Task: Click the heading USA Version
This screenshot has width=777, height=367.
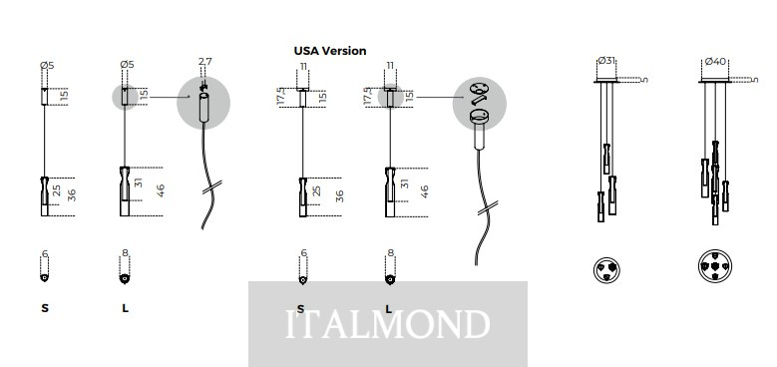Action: pos(330,51)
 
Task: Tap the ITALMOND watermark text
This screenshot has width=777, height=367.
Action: pos(388,324)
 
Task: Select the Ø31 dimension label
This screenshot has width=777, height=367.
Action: pos(606,61)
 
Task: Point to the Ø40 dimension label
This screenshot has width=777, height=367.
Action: pos(715,62)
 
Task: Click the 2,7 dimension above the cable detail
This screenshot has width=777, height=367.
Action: pos(205,62)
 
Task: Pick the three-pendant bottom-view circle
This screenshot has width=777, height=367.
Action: pos(606,270)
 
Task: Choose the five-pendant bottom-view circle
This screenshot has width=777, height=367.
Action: pos(714,266)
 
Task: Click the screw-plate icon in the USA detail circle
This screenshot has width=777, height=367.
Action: pos(478,89)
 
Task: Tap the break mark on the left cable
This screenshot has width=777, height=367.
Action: pos(212,186)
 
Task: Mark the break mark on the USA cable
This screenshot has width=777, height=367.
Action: pos(488,208)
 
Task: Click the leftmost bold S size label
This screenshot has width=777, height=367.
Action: pos(45,308)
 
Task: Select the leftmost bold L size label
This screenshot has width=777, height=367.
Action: pos(125,308)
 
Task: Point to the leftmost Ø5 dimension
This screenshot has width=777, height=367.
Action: pos(47,65)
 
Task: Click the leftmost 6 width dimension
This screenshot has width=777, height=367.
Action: pos(45,254)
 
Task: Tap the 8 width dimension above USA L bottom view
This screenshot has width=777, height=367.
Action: pos(390,253)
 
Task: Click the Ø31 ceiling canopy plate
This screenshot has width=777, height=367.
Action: pos(605,81)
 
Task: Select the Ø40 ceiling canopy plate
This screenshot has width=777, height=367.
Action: pos(714,81)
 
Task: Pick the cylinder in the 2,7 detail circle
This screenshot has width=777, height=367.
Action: pos(204,107)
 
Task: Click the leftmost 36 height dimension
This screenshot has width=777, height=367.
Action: pos(72,195)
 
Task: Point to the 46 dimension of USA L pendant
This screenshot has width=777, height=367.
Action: pos(424,191)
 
